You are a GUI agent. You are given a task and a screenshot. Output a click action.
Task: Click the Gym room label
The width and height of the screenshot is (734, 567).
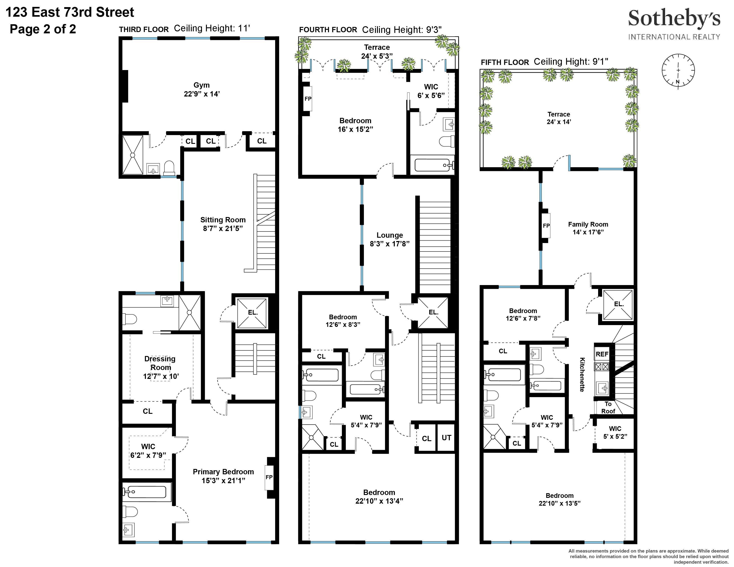click(x=201, y=85)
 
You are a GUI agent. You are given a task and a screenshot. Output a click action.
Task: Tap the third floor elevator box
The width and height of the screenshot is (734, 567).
click(x=253, y=312)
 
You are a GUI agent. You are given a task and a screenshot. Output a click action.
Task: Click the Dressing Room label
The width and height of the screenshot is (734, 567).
click(x=160, y=363)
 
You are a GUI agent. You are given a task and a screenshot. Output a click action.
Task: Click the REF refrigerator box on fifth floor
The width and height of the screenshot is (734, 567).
click(x=602, y=354)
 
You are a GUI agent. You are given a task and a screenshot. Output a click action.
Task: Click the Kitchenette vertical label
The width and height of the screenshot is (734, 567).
click(x=582, y=374)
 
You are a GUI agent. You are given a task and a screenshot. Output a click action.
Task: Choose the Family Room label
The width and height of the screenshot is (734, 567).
click(x=588, y=224)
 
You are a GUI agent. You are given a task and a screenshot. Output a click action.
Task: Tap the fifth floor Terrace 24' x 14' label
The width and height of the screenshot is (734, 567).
click(x=559, y=118)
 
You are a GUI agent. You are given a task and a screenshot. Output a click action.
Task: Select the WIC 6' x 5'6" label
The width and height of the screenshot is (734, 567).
click(x=431, y=91)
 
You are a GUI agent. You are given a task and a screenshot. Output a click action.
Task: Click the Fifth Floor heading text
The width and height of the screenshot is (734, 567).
click(x=505, y=62)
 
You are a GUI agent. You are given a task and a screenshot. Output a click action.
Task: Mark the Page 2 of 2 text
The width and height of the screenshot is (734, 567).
click(x=43, y=29)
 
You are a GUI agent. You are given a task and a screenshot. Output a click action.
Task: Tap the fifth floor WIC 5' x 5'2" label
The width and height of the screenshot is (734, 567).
click(x=615, y=432)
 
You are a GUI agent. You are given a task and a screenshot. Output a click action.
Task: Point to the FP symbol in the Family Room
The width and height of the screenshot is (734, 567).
click(x=546, y=226)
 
